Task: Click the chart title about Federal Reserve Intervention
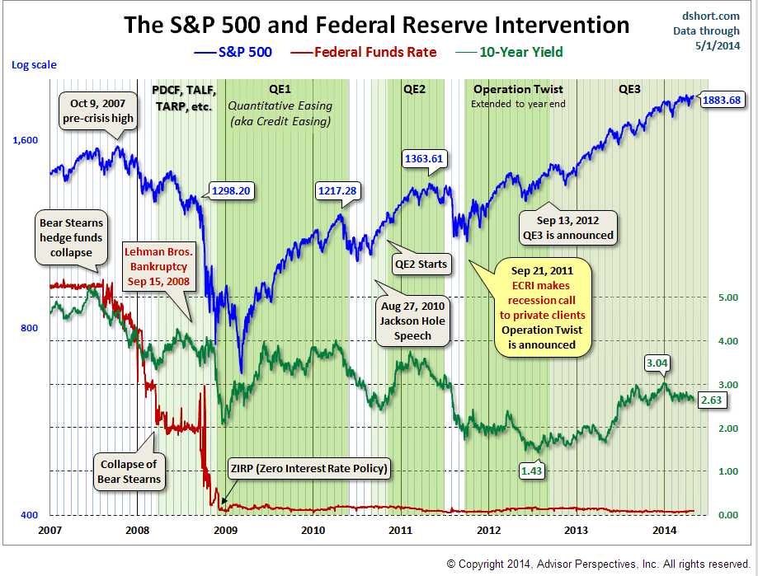(376, 25)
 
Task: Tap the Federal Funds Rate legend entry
(365, 52)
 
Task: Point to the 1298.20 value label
(231, 190)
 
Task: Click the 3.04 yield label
(657, 362)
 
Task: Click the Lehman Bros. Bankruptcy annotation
(160, 265)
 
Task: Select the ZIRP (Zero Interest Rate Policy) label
(308, 469)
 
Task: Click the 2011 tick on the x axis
(400, 530)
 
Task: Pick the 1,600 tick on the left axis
(25, 140)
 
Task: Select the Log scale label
(31, 63)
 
